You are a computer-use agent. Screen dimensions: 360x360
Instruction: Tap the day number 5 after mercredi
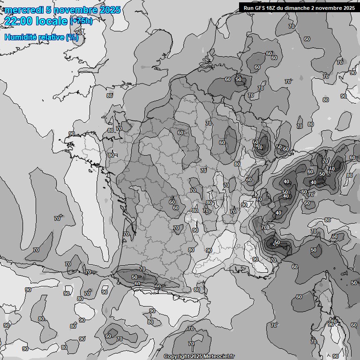[49, 10]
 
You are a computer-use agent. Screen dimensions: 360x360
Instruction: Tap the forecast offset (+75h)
[81, 21]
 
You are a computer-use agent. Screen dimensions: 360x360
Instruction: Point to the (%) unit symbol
[72, 37]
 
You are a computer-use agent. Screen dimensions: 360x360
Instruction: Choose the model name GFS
[262, 7]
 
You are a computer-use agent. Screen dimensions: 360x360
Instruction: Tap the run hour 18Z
[274, 7]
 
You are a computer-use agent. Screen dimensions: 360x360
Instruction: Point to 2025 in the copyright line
[196, 357]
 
